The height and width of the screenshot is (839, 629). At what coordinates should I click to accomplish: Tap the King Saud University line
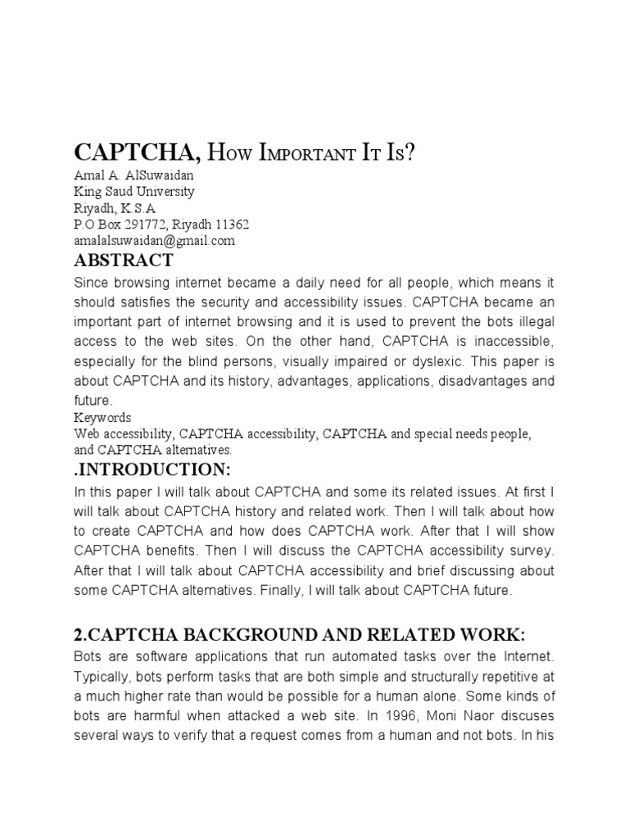point(134,192)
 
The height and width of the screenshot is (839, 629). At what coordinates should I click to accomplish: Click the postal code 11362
point(233,224)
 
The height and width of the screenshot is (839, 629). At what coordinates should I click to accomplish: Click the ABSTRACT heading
point(124,261)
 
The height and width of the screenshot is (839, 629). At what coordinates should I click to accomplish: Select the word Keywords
point(102,417)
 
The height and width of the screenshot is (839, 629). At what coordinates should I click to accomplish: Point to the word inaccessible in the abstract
point(508,340)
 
